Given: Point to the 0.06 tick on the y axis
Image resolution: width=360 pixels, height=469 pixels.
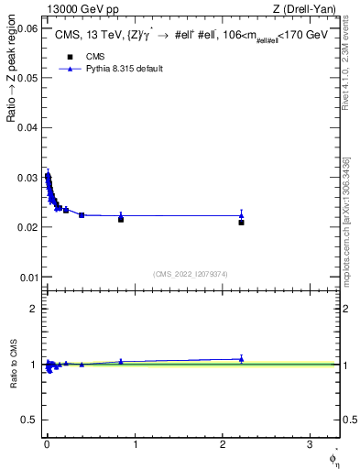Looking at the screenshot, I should (x=27, y=28).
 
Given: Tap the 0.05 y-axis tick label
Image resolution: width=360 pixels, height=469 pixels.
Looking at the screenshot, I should (x=27, y=78).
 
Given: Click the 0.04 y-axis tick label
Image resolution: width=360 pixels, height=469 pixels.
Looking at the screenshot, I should (x=27, y=127).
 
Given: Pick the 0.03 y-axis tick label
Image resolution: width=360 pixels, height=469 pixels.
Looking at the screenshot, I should (x=27, y=177).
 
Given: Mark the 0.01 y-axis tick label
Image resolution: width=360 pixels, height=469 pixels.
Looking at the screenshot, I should (x=27, y=277).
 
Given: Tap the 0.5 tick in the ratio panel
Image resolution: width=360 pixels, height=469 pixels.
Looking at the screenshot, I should (x=29, y=420).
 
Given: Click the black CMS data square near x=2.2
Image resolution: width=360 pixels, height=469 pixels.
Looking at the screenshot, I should (x=241, y=222).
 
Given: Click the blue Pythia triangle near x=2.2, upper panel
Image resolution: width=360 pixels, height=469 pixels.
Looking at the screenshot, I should (x=241, y=215).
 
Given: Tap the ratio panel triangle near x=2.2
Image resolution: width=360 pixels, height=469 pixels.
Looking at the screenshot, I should (x=241, y=359).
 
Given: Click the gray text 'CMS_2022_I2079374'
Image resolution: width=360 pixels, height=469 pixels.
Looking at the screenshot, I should (x=191, y=273).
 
